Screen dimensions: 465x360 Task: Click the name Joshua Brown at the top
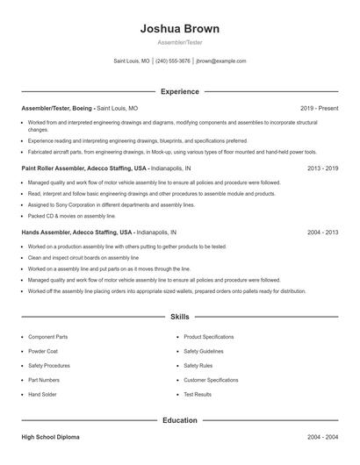tap(179, 29)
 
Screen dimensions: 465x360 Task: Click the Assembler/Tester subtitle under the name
tap(179, 42)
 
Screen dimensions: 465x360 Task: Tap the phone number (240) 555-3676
tap(173, 61)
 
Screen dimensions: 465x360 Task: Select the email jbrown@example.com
tap(221, 61)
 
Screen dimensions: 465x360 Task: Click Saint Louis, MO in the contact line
tap(132, 61)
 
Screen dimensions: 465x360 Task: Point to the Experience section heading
tap(179, 91)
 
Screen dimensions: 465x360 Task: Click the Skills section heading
tap(179, 316)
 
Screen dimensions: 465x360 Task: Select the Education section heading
tap(179, 420)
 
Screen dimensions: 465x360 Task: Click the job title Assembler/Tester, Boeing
tap(56, 108)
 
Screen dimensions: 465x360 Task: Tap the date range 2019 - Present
tap(319, 108)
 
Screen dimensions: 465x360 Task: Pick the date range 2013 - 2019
tap(322, 167)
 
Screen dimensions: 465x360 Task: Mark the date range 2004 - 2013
tap(322, 232)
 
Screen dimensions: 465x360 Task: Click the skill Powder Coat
tap(43, 351)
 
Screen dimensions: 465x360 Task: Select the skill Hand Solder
tap(42, 395)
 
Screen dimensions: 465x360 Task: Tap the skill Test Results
tap(198, 395)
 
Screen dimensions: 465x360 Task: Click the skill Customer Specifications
tap(211, 380)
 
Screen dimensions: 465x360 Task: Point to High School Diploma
tap(52, 436)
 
